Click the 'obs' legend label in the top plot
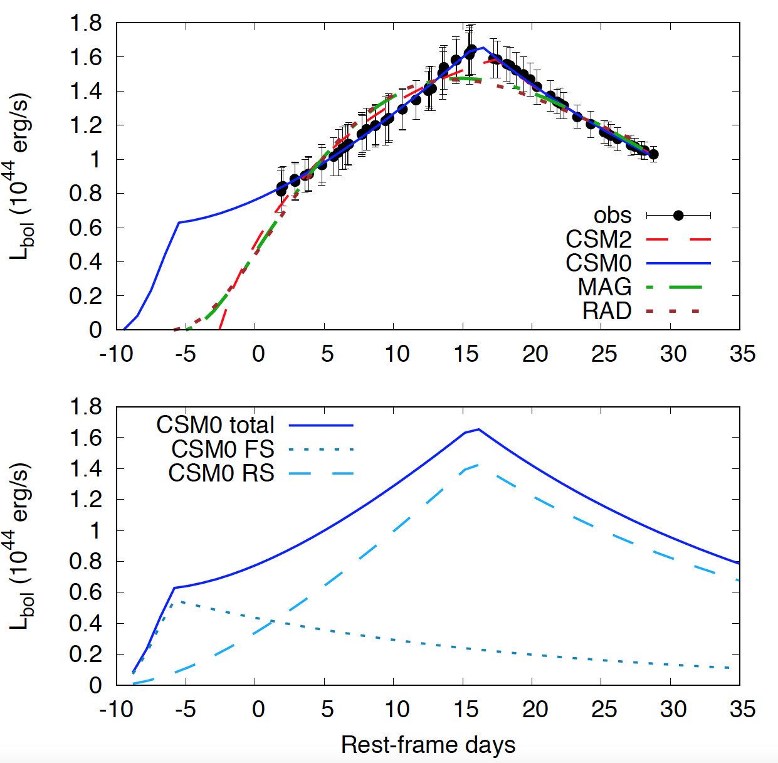(x=612, y=216)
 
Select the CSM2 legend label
(x=598, y=239)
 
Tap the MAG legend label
(x=604, y=287)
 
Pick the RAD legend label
(x=606, y=311)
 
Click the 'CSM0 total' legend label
(x=215, y=425)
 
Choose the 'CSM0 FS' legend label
(x=223, y=450)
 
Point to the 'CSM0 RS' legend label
(x=221, y=473)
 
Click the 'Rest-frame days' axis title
(x=428, y=745)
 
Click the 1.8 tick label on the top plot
(x=86, y=24)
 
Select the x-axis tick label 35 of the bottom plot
(x=742, y=710)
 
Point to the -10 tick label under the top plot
(x=117, y=354)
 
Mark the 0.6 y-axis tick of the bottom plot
(x=86, y=592)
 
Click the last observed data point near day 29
(x=653, y=154)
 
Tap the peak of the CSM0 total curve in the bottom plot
(x=479, y=429)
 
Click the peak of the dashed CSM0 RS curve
(x=479, y=465)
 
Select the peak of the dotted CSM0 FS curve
(x=176, y=601)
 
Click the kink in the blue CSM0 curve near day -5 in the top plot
(x=179, y=223)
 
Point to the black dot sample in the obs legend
(x=678, y=216)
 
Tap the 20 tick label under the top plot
(x=535, y=354)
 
